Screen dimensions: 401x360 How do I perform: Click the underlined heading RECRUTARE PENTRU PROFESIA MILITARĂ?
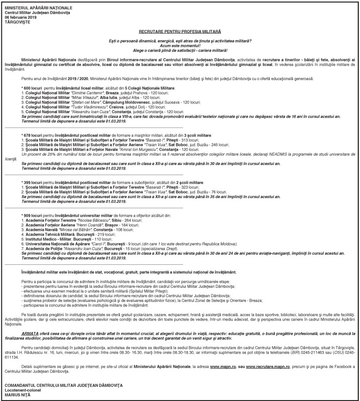pyautogui.click(x=180, y=32)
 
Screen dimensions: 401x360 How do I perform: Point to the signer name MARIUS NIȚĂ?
pyautogui.click(x=18, y=394)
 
